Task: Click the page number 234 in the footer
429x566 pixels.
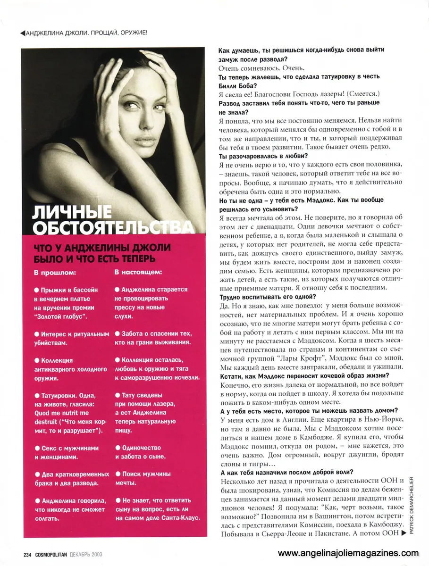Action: click(x=26, y=554)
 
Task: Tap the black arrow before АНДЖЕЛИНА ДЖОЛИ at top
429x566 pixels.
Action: click(x=23, y=33)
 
